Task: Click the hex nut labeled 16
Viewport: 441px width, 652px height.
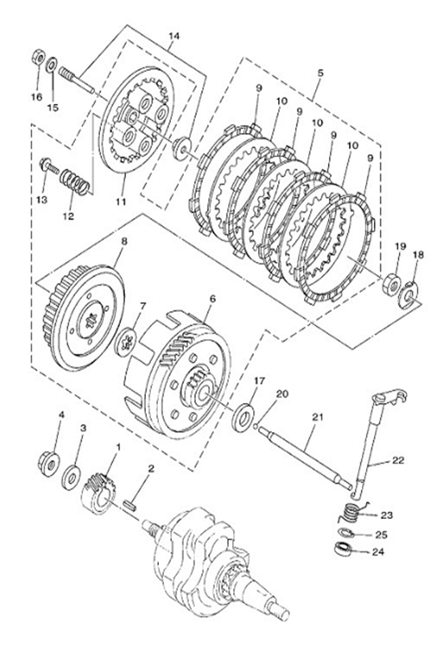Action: coord(38,57)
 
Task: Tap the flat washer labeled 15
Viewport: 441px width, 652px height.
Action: coord(52,64)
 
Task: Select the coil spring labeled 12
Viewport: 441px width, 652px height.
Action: coord(74,181)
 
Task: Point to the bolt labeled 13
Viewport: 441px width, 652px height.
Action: coord(48,166)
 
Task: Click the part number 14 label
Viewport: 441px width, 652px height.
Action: coord(174,35)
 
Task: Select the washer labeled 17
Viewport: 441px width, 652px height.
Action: coord(243,416)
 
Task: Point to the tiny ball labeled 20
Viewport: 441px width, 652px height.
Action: coord(256,426)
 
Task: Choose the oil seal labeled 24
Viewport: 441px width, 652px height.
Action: coord(343,549)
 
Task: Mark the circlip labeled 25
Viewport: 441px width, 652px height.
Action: coord(345,532)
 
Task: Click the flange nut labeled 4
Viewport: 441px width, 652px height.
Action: coord(49,463)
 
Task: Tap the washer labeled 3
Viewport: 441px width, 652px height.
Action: coord(72,477)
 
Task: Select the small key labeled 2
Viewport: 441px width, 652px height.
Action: coord(131,507)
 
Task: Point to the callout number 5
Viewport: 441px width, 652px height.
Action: coord(320,73)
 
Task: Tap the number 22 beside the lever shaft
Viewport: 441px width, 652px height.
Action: coord(397,461)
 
